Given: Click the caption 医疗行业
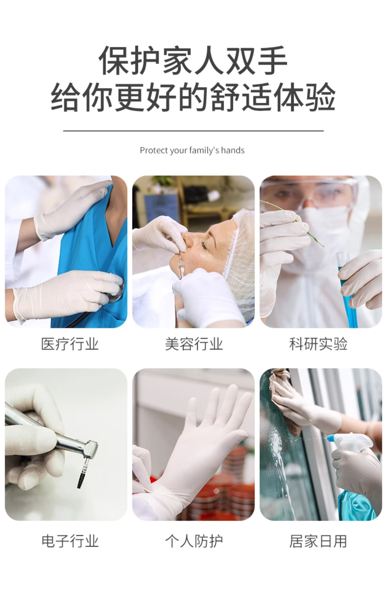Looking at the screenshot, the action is tap(70, 344).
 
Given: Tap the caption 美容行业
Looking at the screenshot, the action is tap(194, 344).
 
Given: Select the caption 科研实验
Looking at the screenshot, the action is tap(318, 344).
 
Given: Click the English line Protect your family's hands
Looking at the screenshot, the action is tap(192, 150).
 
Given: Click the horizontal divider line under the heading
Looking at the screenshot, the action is tap(193, 131).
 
